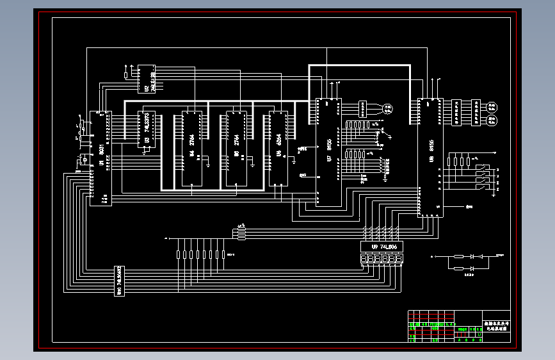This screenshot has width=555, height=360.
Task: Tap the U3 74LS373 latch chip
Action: tap(147, 129)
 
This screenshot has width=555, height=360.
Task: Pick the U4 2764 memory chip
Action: tap(191, 148)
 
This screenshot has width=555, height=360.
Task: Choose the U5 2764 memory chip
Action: tap(236, 148)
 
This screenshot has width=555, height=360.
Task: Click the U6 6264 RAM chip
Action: tap(278, 148)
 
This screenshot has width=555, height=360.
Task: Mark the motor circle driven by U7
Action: tap(388, 108)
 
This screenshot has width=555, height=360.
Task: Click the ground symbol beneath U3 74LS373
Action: tap(146, 152)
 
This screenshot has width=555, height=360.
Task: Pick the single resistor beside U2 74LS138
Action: tap(125, 75)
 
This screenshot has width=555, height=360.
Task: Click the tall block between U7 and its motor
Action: tap(363, 108)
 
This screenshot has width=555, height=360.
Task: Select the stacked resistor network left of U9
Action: tap(241, 233)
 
